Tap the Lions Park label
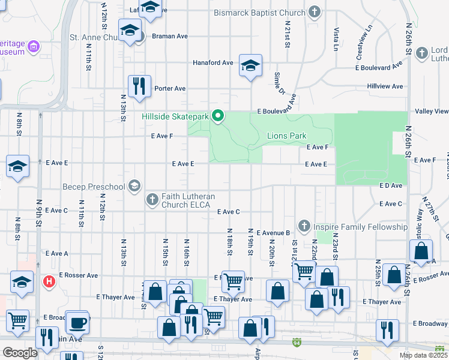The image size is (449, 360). (286, 136)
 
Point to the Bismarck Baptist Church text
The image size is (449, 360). (259, 13)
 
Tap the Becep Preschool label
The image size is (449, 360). (94, 187)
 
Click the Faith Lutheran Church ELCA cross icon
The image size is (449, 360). (152, 199)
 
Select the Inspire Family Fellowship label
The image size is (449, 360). (361, 227)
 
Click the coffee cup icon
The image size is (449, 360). (77, 323)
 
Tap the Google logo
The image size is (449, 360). (20, 353)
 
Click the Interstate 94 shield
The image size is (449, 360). (297, 343)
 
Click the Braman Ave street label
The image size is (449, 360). (169, 36)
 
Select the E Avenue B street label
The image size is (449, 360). (273, 233)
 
